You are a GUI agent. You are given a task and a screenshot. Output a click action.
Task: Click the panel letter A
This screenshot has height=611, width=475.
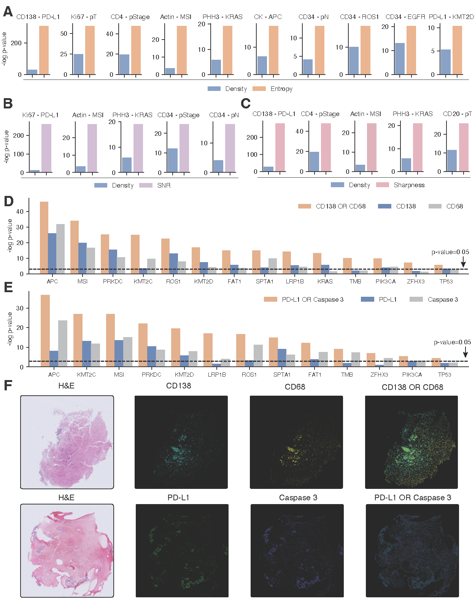coord(8,12)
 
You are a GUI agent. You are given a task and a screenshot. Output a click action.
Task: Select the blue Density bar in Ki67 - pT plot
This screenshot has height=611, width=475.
coord(78,64)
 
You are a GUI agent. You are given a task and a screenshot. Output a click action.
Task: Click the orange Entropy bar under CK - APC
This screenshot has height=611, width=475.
coord(273,50)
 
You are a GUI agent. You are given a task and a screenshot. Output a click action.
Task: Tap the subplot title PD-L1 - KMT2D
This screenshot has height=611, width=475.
coord(451,17)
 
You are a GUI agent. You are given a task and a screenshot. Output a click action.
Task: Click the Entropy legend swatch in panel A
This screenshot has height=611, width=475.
coord(259,89)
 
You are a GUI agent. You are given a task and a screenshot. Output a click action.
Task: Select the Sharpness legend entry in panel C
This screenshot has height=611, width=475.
coord(400,185)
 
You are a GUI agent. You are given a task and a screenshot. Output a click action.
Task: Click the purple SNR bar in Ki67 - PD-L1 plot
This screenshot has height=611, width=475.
coord(46,148)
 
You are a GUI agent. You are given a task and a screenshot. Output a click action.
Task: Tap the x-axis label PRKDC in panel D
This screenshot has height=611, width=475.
coord(113,282)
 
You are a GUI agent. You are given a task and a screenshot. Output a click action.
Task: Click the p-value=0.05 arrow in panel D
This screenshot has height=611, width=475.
coord(463,262)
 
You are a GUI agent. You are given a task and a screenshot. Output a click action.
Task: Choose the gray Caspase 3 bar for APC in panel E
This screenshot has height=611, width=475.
coord(63,343)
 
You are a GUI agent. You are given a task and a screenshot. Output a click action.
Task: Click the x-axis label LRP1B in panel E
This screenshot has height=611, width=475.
coord(217,375)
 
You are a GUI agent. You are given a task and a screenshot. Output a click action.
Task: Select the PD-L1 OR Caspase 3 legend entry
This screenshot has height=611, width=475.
coord(304,299)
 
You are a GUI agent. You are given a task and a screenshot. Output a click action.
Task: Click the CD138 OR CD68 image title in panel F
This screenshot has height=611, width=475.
coord(412,387)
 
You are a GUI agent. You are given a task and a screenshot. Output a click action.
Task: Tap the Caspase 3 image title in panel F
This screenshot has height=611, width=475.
coord(298,498)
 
